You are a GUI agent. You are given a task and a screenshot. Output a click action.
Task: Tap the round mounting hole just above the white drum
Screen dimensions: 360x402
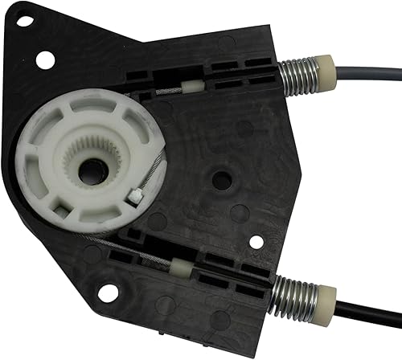click(46, 58)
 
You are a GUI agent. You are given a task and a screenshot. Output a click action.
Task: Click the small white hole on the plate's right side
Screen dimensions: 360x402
click(256, 239)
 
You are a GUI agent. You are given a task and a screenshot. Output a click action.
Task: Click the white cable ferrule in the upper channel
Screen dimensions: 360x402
click(193, 84)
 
